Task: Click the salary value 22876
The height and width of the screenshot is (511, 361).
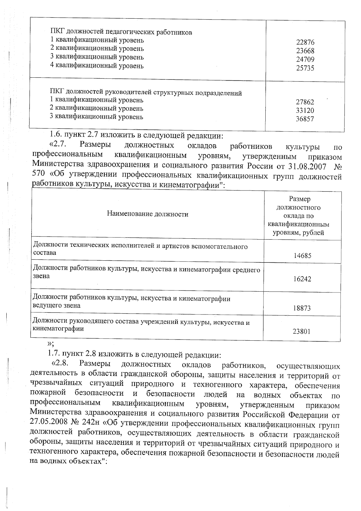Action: [305, 42]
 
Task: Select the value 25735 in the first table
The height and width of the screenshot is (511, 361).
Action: [305, 68]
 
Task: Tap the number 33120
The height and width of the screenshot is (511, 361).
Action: [305, 110]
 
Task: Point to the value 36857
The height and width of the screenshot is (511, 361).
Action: [305, 119]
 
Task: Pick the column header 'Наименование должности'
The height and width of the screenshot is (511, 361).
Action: [147, 214]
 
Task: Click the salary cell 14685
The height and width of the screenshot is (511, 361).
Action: [302, 256]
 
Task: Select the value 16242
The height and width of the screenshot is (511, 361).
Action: [302, 279]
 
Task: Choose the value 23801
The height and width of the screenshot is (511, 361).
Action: [302, 332]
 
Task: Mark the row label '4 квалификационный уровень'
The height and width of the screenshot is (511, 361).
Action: [97, 66]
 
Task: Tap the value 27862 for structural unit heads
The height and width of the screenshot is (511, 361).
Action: [305, 102]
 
